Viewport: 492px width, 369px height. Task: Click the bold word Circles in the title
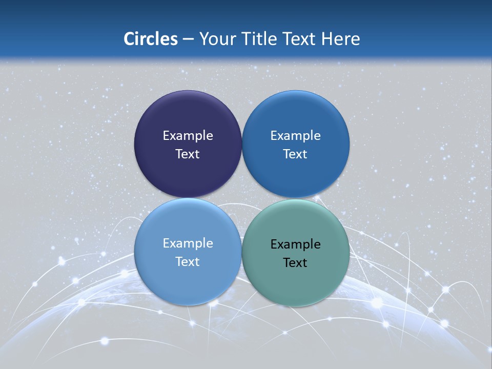coord(151,39)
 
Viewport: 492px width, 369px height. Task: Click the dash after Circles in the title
coord(188,39)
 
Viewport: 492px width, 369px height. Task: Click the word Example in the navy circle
coord(188,136)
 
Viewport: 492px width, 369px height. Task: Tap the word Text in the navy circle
coord(188,154)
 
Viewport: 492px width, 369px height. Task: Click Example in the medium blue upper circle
coord(295,136)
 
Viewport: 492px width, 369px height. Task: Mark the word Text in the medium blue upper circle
coord(295,154)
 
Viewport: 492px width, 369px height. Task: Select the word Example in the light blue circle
coord(188,243)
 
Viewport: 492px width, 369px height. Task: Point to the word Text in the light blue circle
coord(188,262)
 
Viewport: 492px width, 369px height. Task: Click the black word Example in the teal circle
coord(295,244)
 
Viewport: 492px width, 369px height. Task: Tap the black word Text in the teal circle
coord(295,263)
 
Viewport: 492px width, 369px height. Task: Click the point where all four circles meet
coord(242,198)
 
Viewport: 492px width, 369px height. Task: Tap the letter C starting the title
coord(129,39)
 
